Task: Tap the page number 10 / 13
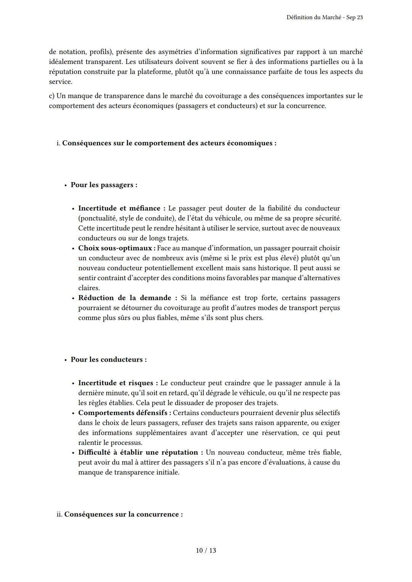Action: click(x=206, y=550)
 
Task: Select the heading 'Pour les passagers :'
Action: click(x=104, y=185)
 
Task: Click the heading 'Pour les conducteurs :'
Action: click(x=108, y=359)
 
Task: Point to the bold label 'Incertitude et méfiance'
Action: click(x=119, y=208)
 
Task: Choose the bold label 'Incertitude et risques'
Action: click(x=115, y=383)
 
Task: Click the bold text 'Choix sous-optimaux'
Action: click(x=115, y=248)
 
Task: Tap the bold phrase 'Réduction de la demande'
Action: click(x=125, y=298)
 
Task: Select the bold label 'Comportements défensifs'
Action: click(x=124, y=413)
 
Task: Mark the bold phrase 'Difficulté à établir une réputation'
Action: click(x=138, y=452)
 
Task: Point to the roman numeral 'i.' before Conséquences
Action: click(x=58, y=143)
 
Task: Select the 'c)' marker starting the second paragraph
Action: click(x=52, y=96)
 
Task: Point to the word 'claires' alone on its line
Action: click(x=89, y=288)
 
